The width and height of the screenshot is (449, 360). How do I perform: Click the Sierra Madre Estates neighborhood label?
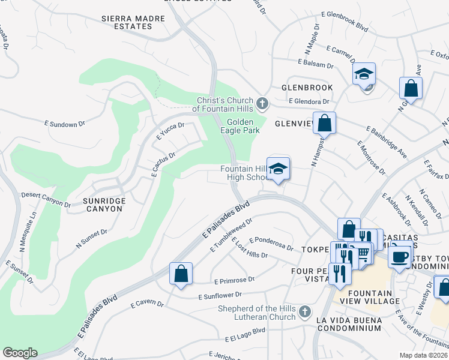coord(133,23)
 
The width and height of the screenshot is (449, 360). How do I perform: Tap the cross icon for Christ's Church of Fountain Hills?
coord(262,104)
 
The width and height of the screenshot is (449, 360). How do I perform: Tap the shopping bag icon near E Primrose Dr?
coord(181,274)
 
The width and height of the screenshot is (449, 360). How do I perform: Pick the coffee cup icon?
coord(399,256)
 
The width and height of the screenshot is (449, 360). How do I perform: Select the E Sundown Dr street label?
coord(70,124)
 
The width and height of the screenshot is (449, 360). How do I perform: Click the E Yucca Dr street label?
coord(170,131)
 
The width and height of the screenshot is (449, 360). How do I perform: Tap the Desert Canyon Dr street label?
coord(46,199)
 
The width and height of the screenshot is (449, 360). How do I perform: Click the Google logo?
coord(20,353)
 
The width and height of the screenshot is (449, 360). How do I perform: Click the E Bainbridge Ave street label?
coord(386,142)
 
